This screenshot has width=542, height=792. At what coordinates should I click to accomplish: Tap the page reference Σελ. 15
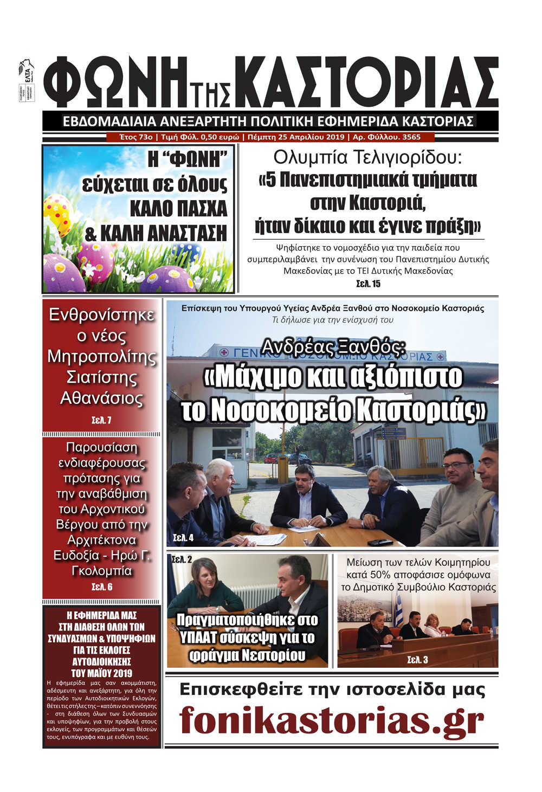[x=368, y=284]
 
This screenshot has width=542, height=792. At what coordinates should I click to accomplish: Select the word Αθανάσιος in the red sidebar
[x=101, y=399]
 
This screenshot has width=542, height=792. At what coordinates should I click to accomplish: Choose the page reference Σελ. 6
[x=102, y=587]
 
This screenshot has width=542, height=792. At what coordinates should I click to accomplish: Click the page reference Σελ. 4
[x=183, y=538]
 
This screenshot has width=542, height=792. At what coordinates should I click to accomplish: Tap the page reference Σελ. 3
[x=417, y=660]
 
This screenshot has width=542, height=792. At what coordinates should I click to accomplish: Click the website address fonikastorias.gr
[x=331, y=720]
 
